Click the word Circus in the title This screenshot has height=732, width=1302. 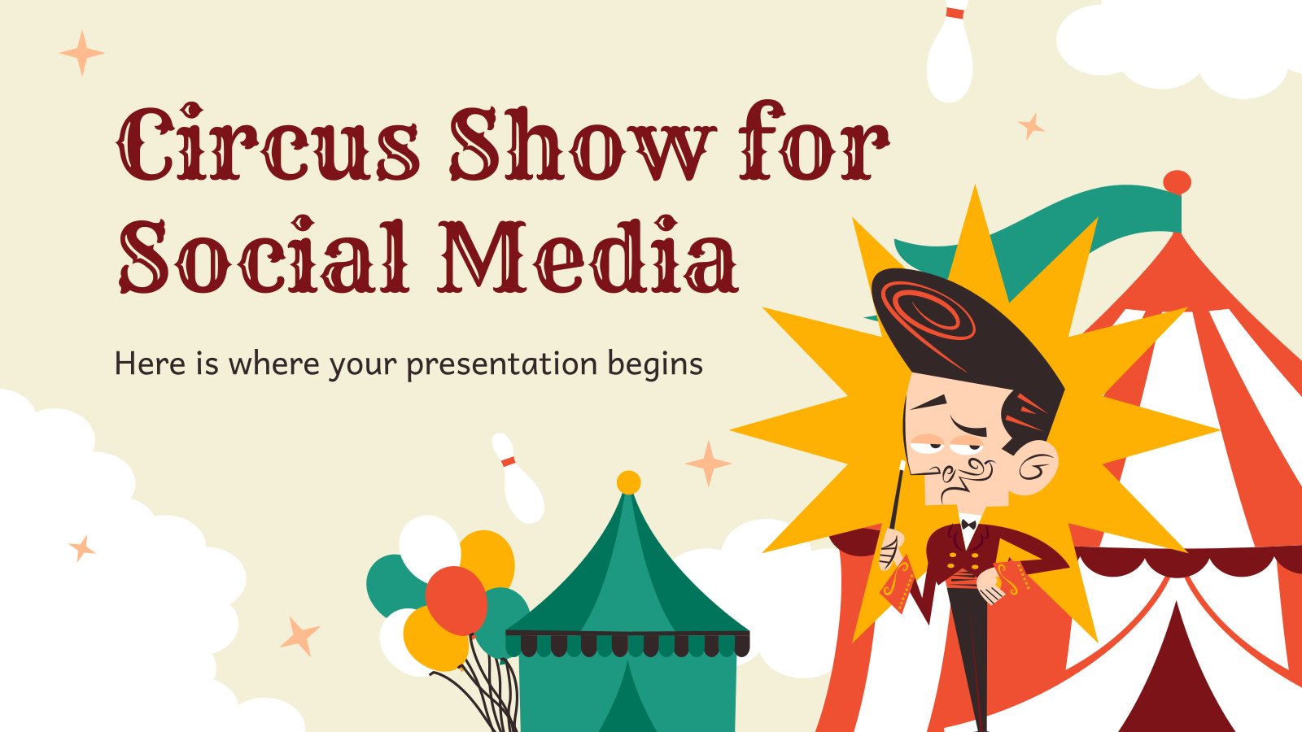point(269,144)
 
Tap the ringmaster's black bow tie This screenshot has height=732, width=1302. point(968,525)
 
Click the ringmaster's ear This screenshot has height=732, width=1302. point(1035,464)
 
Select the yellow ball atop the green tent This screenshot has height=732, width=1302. point(628,482)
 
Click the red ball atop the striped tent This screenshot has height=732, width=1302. point(1177,182)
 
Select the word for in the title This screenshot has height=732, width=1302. point(814,144)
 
